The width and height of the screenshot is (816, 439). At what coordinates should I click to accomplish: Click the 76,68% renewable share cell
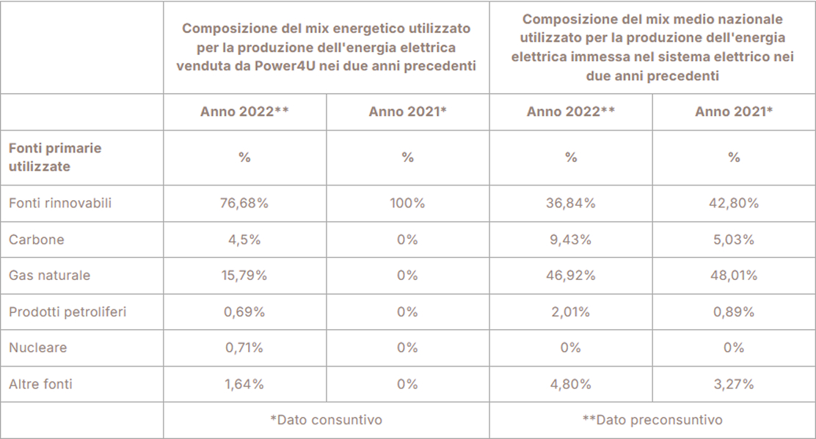pyautogui.click(x=244, y=204)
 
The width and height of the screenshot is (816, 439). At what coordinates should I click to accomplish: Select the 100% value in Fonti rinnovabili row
pyautogui.click(x=407, y=204)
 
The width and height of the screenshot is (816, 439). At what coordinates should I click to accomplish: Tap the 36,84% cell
pyautogui.click(x=570, y=204)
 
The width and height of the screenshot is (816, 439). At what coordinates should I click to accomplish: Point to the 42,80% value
pyautogui.click(x=734, y=204)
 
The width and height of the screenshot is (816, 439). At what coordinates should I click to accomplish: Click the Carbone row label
pyautogui.click(x=37, y=240)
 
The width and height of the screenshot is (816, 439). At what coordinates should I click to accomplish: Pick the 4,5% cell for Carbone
pyautogui.click(x=244, y=240)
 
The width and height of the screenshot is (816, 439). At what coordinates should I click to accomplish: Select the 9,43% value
pyautogui.click(x=570, y=240)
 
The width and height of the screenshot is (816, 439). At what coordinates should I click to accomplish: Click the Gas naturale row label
pyautogui.click(x=50, y=276)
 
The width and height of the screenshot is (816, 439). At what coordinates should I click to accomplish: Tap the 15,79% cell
pyautogui.click(x=244, y=276)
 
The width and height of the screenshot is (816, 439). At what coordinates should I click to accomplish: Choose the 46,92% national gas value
pyautogui.click(x=570, y=276)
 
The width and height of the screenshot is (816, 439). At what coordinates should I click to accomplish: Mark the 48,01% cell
pyautogui.click(x=734, y=276)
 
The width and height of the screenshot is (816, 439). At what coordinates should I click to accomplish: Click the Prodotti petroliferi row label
pyautogui.click(x=68, y=311)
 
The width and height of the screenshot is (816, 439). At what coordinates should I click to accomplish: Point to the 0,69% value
pyautogui.click(x=244, y=311)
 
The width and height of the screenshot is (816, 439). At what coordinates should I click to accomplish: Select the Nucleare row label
pyautogui.click(x=37, y=347)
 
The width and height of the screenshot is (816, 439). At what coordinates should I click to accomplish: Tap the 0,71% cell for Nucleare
pyautogui.click(x=244, y=347)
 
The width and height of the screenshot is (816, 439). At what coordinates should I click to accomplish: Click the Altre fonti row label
pyautogui.click(x=40, y=383)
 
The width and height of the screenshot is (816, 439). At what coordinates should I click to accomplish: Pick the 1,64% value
pyautogui.click(x=244, y=383)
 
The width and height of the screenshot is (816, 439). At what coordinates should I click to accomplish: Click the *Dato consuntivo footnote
pyautogui.click(x=326, y=420)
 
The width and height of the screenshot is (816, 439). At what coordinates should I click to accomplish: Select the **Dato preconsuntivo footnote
pyautogui.click(x=652, y=420)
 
